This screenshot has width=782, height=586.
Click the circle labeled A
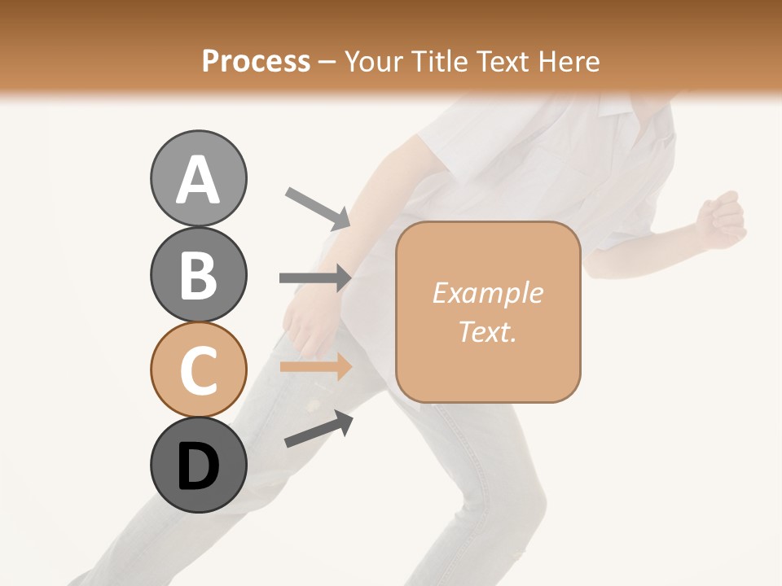(x=198, y=179)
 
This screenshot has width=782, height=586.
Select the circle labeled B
(x=198, y=274)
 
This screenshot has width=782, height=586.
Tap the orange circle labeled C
(x=198, y=370)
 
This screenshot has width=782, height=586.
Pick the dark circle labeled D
(x=198, y=465)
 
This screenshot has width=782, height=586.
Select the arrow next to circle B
(x=315, y=278)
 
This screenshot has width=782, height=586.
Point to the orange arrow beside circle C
(x=315, y=366)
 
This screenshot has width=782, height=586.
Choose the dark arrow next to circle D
(x=319, y=429)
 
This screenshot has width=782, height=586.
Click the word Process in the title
(x=256, y=61)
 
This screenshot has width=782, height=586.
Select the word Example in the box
(x=487, y=293)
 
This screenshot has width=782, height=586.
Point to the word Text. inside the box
(x=487, y=331)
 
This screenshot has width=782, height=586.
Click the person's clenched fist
(x=721, y=218)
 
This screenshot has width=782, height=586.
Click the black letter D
(x=198, y=466)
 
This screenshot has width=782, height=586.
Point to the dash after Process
(x=327, y=62)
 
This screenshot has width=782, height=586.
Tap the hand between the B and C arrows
(x=306, y=321)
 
